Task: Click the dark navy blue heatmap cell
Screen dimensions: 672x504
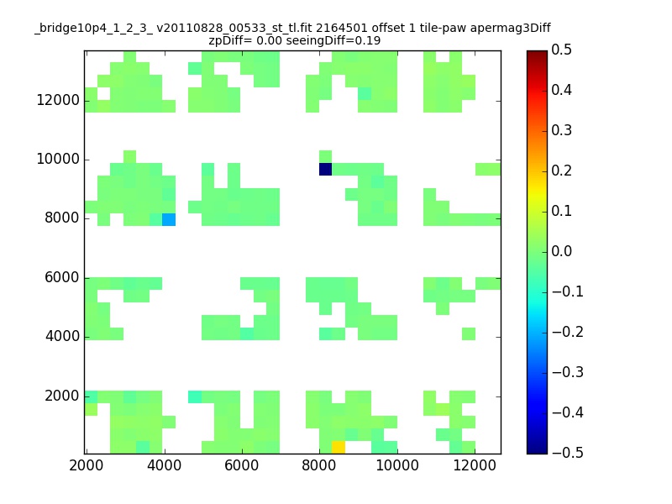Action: [325, 170]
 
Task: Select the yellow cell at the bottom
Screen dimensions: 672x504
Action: [339, 447]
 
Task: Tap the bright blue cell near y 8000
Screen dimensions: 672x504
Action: [169, 220]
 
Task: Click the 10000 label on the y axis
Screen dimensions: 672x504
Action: [58, 159]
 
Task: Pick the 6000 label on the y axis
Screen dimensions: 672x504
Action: [62, 277]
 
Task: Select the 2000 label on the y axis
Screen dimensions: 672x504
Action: [62, 396]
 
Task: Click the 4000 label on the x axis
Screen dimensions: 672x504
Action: [164, 465]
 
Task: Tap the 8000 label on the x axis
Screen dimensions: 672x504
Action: [319, 465]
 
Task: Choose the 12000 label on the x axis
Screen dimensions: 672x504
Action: [475, 465]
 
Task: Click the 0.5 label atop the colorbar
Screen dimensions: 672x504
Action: [561, 50]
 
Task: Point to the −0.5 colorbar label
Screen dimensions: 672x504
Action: [568, 453]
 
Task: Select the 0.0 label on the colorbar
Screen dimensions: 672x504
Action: [561, 251]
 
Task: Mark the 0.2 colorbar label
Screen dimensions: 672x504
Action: [561, 171]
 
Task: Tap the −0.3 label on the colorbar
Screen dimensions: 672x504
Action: [568, 372]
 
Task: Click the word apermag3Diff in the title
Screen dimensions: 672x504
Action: [511, 29]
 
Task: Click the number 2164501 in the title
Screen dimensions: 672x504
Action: [342, 29]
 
